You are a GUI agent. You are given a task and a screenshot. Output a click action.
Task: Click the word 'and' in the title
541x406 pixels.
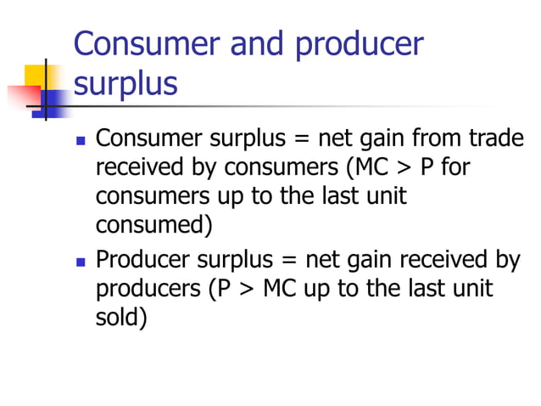[254, 44]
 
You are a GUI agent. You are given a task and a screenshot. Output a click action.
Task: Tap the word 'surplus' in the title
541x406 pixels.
[125, 85]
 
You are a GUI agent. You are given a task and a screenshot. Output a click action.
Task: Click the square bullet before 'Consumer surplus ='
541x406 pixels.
[81, 139]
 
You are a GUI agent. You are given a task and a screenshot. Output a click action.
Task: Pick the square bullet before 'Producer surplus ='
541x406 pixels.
[81, 260]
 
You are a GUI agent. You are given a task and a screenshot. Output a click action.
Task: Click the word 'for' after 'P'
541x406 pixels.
[454, 167]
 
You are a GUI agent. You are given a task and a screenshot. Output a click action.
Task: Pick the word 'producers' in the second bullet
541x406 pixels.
[147, 289]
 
